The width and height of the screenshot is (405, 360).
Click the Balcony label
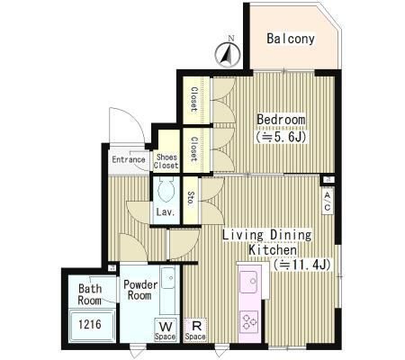click(x=291, y=39)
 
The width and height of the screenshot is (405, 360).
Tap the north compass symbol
click(x=228, y=53)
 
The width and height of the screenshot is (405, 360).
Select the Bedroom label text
click(x=281, y=120)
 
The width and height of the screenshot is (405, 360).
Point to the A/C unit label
click(x=327, y=201)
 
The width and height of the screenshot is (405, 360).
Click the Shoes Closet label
click(x=166, y=161)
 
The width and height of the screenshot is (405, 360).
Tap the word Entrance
click(x=129, y=159)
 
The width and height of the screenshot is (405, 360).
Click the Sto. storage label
click(x=191, y=198)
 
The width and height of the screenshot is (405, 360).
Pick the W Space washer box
click(x=166, y=330)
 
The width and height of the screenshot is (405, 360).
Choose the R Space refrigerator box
click(x=195, y=330)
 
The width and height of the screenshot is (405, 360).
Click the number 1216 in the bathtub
click(x=90, y=324)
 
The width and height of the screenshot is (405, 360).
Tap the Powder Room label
click(x=140, y=290)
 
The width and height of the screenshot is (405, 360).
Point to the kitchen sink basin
click(x=248, y=282)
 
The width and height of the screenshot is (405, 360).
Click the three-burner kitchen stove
click(x=249, y=322)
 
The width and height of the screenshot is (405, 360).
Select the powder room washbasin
click(x=167, y=277)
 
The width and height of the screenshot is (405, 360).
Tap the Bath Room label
click(x=90, y=294)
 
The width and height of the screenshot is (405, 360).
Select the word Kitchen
click(x=273, y=249)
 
